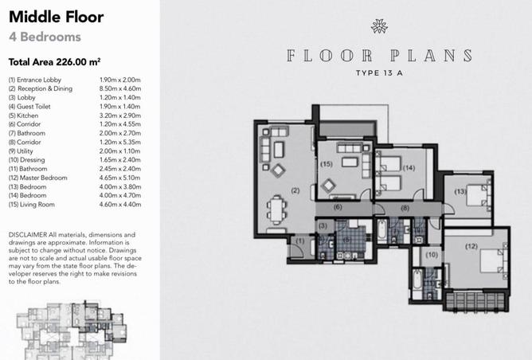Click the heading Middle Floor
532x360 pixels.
point(56,17)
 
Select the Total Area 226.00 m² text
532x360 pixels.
point(54,62)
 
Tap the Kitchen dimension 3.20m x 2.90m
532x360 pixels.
point(120,115)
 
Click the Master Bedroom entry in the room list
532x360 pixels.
point(38,178)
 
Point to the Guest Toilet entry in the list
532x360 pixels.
point(29,107)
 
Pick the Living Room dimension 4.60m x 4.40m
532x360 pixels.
point(120,204)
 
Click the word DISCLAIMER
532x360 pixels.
point(28,235)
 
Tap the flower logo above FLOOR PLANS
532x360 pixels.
point(379,26)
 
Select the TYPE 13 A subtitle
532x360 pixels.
point(379,73)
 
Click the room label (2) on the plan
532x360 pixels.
point(295,190)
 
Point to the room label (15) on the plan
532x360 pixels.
point(327,164)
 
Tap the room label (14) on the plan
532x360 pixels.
point(409,168)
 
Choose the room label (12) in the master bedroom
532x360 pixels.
point(471,246)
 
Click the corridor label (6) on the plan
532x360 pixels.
point(338,206)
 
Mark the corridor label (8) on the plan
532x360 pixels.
point(405,209)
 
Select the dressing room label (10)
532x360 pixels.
point(432,255)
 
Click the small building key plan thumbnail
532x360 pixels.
point(72,330)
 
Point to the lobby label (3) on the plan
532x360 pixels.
point(323,226)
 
